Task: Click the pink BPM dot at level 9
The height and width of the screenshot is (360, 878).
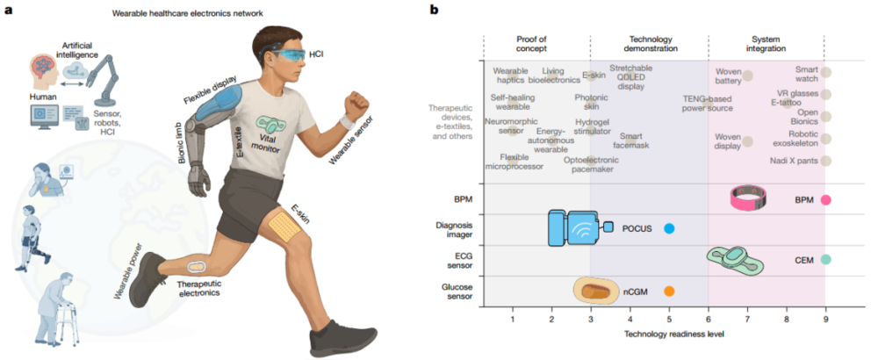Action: click(825, 199)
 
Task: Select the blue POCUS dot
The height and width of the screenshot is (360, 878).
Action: click(669, 228)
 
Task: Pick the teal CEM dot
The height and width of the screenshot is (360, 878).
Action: click(825, 260)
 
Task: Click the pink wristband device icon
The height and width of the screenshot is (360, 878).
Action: click(757, 198)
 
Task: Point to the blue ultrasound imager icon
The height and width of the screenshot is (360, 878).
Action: click(575, 228)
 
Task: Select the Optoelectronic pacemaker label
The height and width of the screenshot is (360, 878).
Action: click(577, 164)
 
